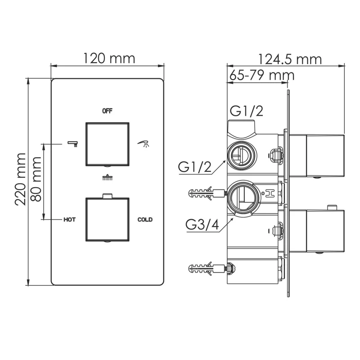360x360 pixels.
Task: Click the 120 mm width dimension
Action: tap(109, 58)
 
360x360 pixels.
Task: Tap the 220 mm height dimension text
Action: tap(20, 179)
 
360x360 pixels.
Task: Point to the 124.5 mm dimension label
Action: tap(290, 59)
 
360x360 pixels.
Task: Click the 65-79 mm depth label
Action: tap(261, 75)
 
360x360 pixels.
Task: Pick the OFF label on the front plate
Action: tap(107, 111)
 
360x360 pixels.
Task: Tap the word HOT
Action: tap(69, 220)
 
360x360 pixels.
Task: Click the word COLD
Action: tap(145, 220)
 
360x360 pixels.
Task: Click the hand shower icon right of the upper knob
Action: tap(144, 144)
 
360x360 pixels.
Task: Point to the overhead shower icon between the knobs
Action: tap(107, 178)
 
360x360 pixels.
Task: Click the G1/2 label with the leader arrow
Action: tap(195, 167)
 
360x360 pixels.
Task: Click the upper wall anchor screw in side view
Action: tap(207, 194)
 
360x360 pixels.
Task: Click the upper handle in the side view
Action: tap(324, 156)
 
